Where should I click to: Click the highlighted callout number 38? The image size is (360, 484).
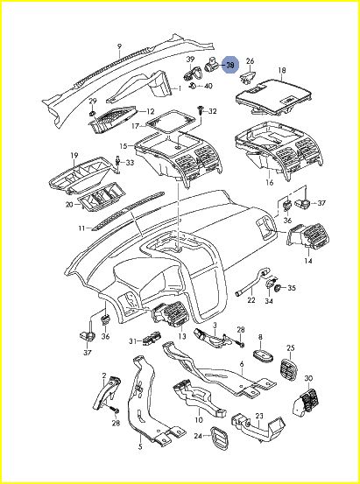pos(231,65)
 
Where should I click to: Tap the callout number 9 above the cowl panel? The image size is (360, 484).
pos(120,46)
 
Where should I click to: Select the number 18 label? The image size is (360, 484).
pos(282,70)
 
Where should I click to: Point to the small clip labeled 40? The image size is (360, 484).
pos(192,85)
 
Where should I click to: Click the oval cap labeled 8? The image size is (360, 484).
pos(264,355)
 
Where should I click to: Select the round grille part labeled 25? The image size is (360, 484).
pos(290,369)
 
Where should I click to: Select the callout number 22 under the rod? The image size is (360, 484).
pos(251,299)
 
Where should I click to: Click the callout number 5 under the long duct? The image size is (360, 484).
pos(140,446)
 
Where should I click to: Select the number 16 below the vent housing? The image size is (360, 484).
pos(270,182)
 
